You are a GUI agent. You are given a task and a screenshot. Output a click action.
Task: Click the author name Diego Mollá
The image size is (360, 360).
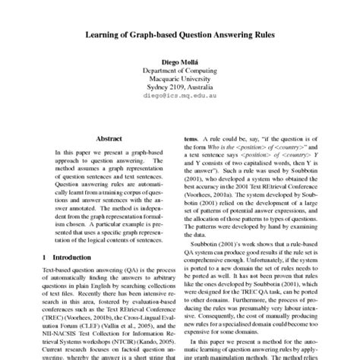(179, 62)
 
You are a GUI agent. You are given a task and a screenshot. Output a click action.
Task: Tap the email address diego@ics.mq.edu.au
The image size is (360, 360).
(179, 97)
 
